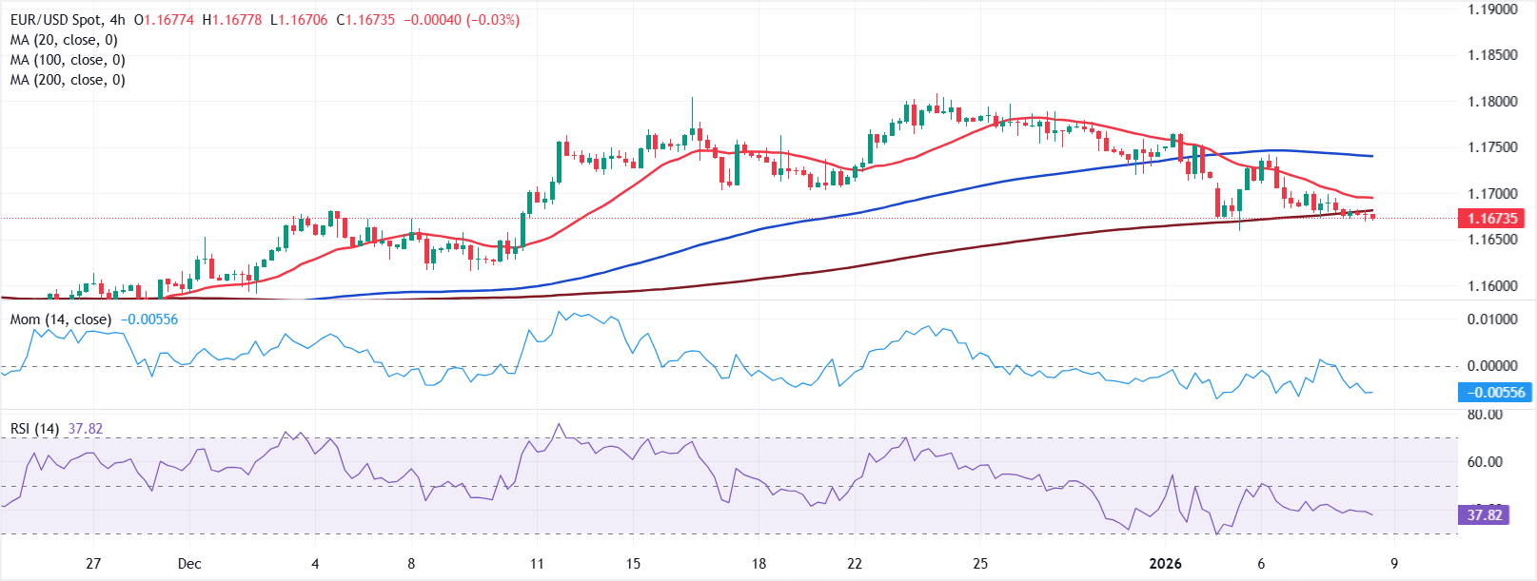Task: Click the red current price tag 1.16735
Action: click(1491, 219)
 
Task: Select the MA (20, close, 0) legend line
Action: click(64, 40)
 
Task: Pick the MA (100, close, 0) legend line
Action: click(68, 60)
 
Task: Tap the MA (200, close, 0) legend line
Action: click(68, 80)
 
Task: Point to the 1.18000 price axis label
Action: click(1491, 102)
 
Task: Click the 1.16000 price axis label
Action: click(1491, 286)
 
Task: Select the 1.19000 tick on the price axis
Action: click(1491, 10)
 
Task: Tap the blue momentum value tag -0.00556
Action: click(1494, 392)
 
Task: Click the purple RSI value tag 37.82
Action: click(1484, 515)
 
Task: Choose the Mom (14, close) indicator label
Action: click(60, 320)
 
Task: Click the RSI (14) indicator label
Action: click(34, 429)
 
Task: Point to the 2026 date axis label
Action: click(1165, 564)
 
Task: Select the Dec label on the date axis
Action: click(189, 564)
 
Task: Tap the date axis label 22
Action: click(855, 564)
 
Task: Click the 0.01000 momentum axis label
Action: click(1491, 320)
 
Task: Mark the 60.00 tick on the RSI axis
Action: click(1485, 462)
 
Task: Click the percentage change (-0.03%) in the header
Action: click(492, 20)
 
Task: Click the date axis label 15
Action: click(633, 564)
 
